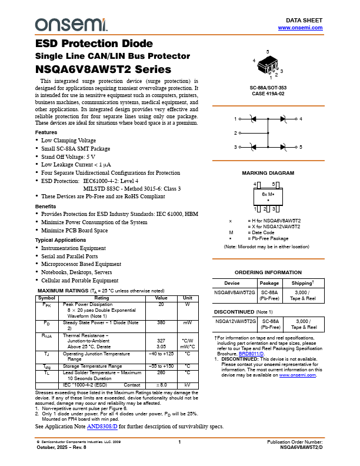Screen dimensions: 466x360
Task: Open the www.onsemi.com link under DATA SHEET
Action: (300, 28)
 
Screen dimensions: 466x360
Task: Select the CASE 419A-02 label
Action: (268, 93)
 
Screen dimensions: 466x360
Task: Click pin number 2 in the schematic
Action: (235, 134)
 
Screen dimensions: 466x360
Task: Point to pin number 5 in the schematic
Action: (300, 147)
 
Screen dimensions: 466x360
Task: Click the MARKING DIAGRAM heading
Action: (268, 174)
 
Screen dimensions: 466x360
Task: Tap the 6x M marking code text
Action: (268, 194)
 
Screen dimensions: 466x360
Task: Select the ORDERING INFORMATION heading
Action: (268, 273)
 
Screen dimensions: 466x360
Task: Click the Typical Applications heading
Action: (61, 240)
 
